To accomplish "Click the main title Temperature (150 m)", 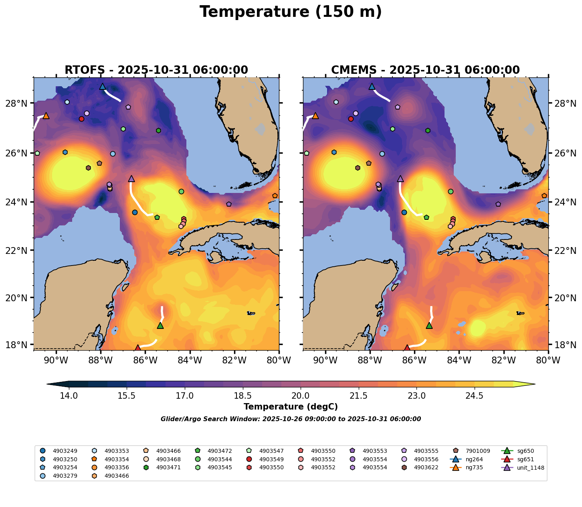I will pos(291,12).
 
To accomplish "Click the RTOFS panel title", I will pos(156,70).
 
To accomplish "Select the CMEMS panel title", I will pos(425,70).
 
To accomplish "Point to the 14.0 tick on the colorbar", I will pos(69,396).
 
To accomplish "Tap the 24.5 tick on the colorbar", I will pos(475,396).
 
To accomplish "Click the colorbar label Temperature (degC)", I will pos(291,407).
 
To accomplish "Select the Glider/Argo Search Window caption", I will pos(291,419).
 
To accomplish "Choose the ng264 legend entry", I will pos(473,459).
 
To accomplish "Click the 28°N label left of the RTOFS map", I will pos(19,103).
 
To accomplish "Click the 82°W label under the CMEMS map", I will pos(504,360).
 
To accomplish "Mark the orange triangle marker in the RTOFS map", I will pos(46,116).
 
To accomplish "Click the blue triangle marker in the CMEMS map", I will pos(372,87).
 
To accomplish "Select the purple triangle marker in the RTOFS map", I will pos(131,179).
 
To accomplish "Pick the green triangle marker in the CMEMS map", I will pos(429,325).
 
